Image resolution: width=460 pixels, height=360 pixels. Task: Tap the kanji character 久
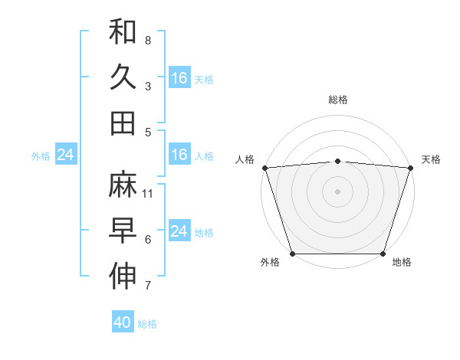tap(123, 77)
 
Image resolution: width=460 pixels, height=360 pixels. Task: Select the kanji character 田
tap(123, 123)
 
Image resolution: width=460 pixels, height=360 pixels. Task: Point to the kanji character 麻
tap(123, 185)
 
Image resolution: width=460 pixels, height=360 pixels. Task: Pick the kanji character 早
tap(123, 231)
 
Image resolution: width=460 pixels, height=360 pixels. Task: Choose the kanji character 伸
tap(123, 277)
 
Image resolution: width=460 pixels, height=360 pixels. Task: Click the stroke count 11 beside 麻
tap(149, 193)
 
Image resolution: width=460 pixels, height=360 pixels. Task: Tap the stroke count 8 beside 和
tap(148, 40)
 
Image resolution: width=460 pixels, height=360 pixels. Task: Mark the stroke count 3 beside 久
tap(148, 86)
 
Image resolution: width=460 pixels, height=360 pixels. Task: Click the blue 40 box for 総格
tap(123, 322)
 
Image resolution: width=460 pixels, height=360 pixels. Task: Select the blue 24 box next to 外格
tap(66, 155)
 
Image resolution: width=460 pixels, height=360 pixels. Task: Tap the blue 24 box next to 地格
tap(179, 232)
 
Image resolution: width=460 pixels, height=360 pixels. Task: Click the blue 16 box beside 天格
tap(179, 78)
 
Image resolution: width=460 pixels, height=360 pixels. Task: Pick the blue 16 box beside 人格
tap(179, 155)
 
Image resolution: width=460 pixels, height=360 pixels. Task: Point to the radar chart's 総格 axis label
tap(337, 100)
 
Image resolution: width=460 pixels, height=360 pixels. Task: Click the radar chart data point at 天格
tap(410, 168)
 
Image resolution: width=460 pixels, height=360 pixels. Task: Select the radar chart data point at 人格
tap(265, 168)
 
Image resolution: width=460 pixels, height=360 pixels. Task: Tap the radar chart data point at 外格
tap(292, 254)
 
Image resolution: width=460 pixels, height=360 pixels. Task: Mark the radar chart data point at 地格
tap(383, 254)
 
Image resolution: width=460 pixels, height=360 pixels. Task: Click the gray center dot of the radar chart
tap(337, 191)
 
